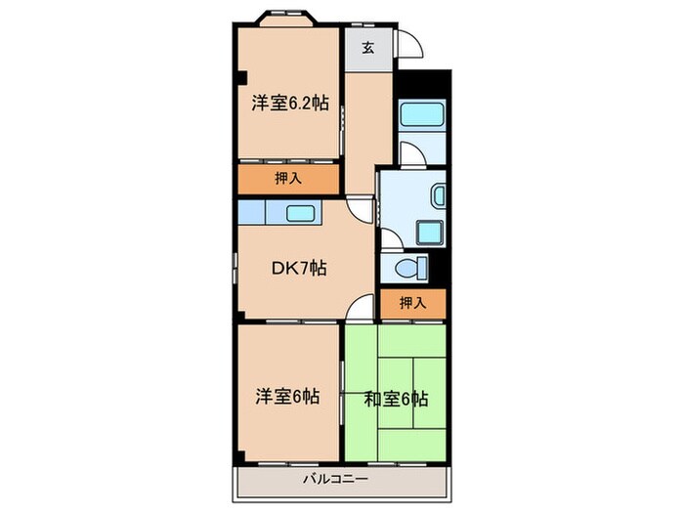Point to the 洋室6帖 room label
pyautogui.click(x=286, y=397)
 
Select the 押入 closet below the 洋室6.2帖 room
pyautogui.click(x=286, y=180)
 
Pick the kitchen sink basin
pyautogui.click(x=299, y=213)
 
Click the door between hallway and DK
pyautogui.click(x=364, y=208)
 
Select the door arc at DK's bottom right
pyautogui.click(x=361, y=307)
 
